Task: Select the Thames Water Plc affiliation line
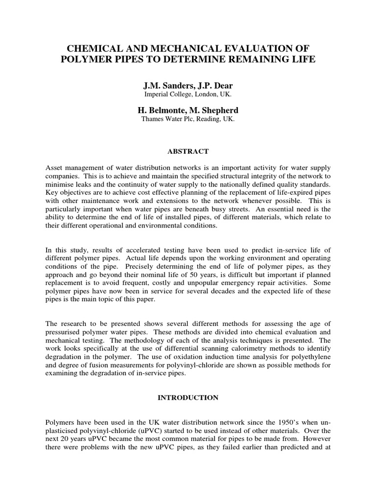pyautogui.click(x=188, y=118)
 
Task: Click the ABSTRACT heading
pyautogui.click(x=188, y=151)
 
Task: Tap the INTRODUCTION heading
pyautogui.click(x=188, y=398)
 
